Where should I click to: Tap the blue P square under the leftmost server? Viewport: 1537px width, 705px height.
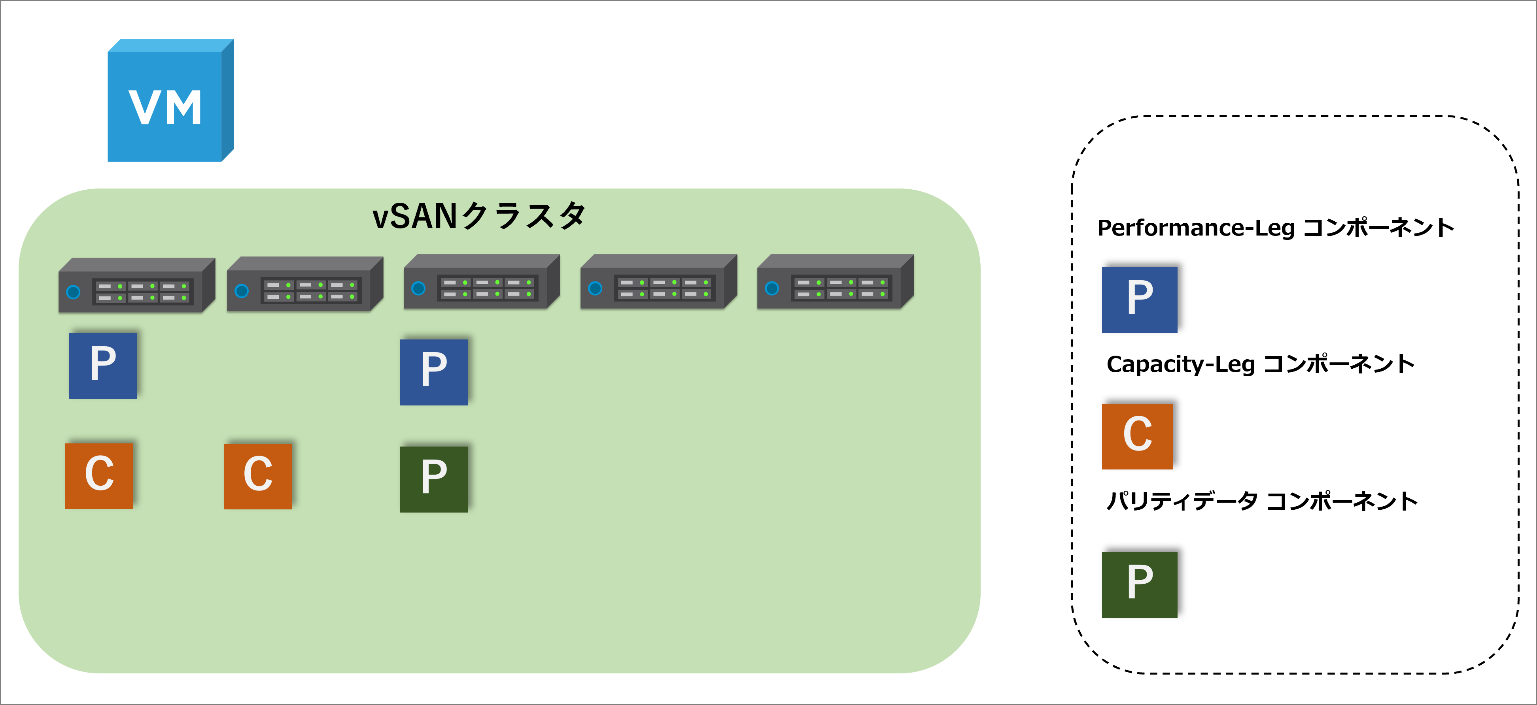click(x=103, y=366)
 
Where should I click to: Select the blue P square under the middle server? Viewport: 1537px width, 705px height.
click(x=434, y=372)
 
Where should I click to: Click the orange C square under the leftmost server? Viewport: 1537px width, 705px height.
click(x=99, y=475)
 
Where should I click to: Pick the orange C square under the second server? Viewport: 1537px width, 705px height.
click(x=258, y=476)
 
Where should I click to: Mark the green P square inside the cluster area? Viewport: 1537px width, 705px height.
click(x=434, y=479)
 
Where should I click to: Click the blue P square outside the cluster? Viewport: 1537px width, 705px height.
click(x=1139, y=300)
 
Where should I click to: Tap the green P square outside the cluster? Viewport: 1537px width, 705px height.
click(x=1139, y=584)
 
